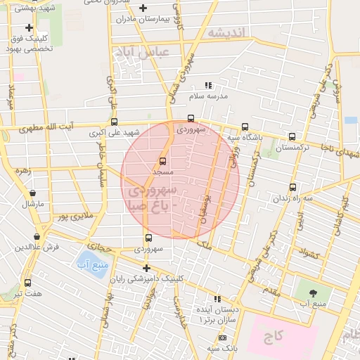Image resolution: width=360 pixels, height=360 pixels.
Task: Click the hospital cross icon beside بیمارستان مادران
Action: pos(143,8)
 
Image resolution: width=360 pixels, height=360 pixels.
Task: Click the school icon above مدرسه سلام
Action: pos(207,85)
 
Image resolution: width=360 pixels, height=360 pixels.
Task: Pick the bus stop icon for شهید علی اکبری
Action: pos(115,122)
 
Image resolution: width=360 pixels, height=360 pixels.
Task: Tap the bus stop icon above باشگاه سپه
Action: pos(244,127)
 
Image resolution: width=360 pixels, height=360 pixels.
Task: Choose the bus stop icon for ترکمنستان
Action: pos(292,137)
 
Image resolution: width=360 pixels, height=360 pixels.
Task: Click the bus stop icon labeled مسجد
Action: pos(163,161)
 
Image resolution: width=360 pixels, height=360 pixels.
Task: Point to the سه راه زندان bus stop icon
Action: pos(292,188)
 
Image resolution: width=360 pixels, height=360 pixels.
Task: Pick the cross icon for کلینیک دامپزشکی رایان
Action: pos(146,268)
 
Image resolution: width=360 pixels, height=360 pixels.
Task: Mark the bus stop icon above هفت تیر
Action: pos(27,283)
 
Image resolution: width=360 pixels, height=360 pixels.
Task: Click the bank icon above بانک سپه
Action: pos(223,338)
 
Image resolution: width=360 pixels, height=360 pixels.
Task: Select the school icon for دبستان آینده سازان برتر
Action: pos(217,299)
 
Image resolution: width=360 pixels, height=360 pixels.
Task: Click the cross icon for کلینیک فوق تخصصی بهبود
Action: pos(29,27)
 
